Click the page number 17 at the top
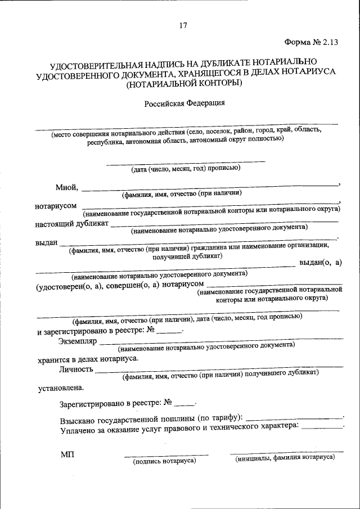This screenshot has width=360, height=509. tap(183, 25)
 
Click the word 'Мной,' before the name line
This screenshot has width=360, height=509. tap(67, 187)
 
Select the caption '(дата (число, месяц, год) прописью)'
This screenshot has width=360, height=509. tap(186, 168)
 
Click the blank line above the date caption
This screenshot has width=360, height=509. tap(186, 162)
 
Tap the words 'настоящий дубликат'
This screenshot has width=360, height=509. tap(71, 224)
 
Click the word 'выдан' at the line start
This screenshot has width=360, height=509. tap(47, 242)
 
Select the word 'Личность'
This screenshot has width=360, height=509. tap(76, 370)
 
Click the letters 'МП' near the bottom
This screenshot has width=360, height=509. tap(67, 454)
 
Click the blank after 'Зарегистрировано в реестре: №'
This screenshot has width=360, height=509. tap(183, 404)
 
